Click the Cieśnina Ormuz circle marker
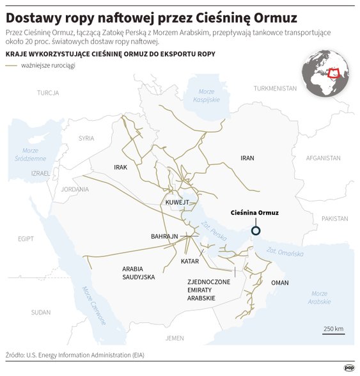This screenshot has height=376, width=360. (256, 231)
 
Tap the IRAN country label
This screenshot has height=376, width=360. (247, 157)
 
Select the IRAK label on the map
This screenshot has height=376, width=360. (121, 167)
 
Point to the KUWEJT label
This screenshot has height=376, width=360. (178, 202)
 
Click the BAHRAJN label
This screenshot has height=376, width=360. (164, 237)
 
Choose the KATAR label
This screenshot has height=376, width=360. (190, 262)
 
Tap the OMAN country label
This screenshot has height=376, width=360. (280, 282)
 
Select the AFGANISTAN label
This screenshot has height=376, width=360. (323, 157)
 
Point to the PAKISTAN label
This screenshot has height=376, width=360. (334, 218)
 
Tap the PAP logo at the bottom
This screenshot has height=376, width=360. (348, 368)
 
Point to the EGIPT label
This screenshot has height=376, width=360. (26, 239)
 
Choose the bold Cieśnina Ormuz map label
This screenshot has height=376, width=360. (254, 213)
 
